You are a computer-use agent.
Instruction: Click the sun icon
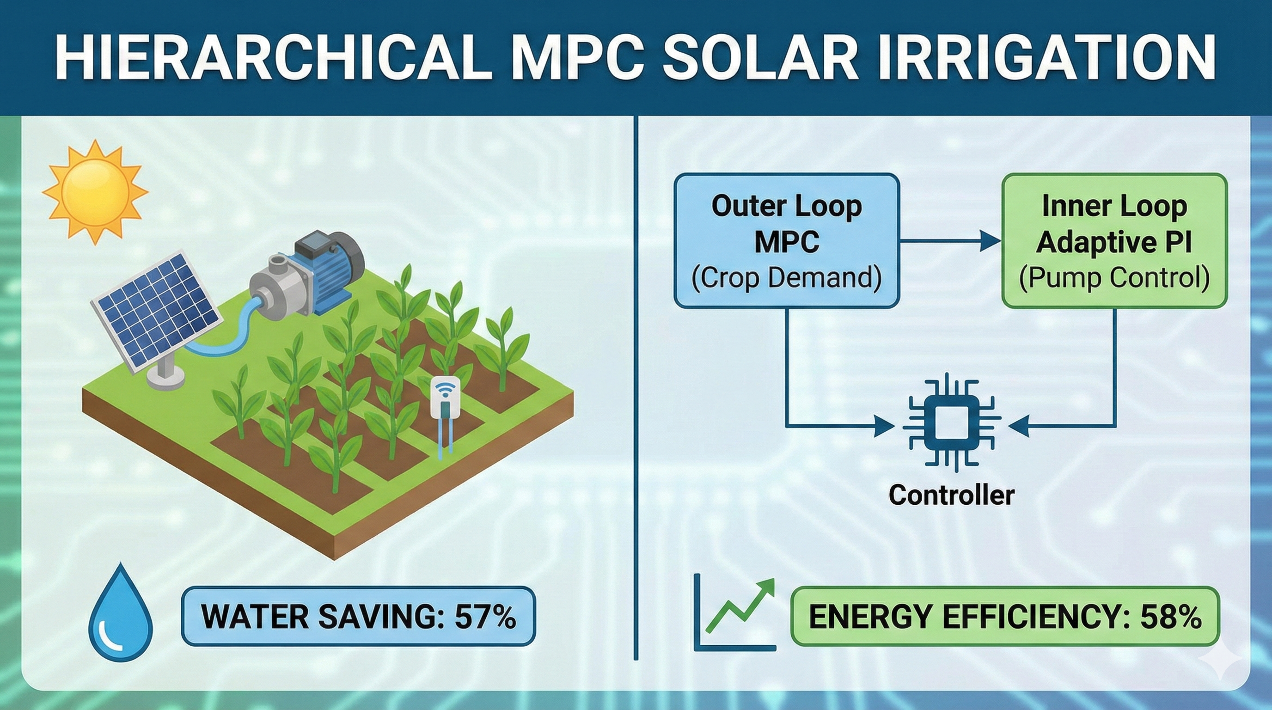click(x=95, y=192)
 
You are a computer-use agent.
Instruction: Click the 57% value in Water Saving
click(x=485, y=616)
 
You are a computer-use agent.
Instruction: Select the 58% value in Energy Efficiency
click(x=1171, y=617)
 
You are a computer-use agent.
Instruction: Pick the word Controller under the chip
click(x=952, y=495)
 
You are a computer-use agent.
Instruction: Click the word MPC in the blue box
click(x=787, y=241)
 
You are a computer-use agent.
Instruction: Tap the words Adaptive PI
click(x=1114, y=242)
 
